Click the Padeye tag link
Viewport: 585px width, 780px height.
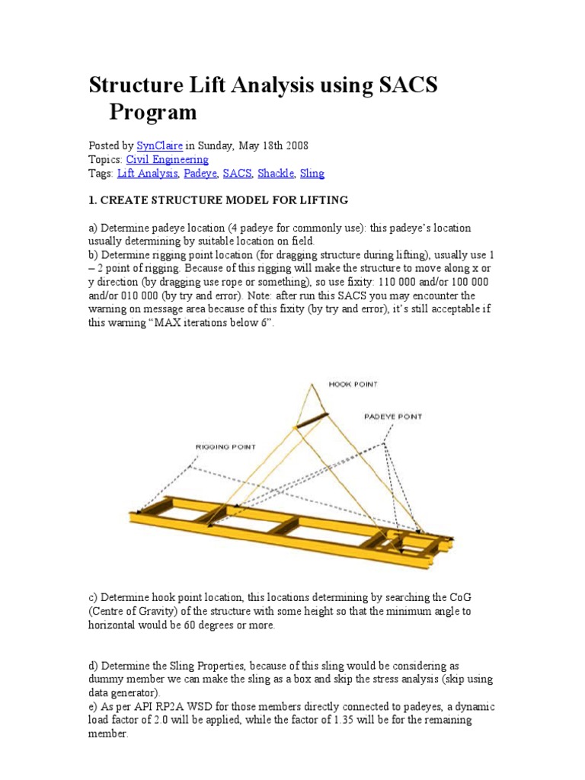200,174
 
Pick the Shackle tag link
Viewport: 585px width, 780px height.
275,174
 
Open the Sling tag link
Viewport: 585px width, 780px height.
312,174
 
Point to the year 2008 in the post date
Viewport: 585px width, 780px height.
296,145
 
